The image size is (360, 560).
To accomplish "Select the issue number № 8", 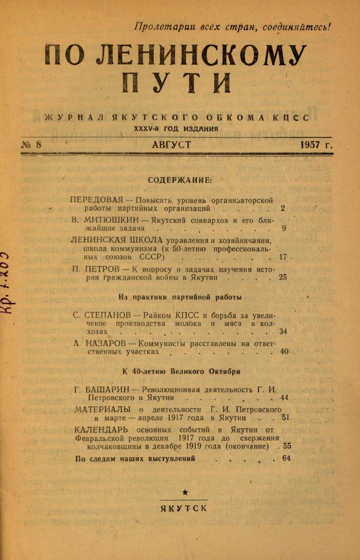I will point(32,145).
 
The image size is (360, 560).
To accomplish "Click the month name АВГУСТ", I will point(171,145).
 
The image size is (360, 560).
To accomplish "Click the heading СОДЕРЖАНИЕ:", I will point(180,179).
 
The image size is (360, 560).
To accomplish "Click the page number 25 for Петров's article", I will point(283,277).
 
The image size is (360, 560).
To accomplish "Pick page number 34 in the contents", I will point(283,332).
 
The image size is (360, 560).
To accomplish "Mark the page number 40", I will point(284,352).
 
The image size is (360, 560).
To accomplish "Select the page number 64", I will point(286,459).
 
